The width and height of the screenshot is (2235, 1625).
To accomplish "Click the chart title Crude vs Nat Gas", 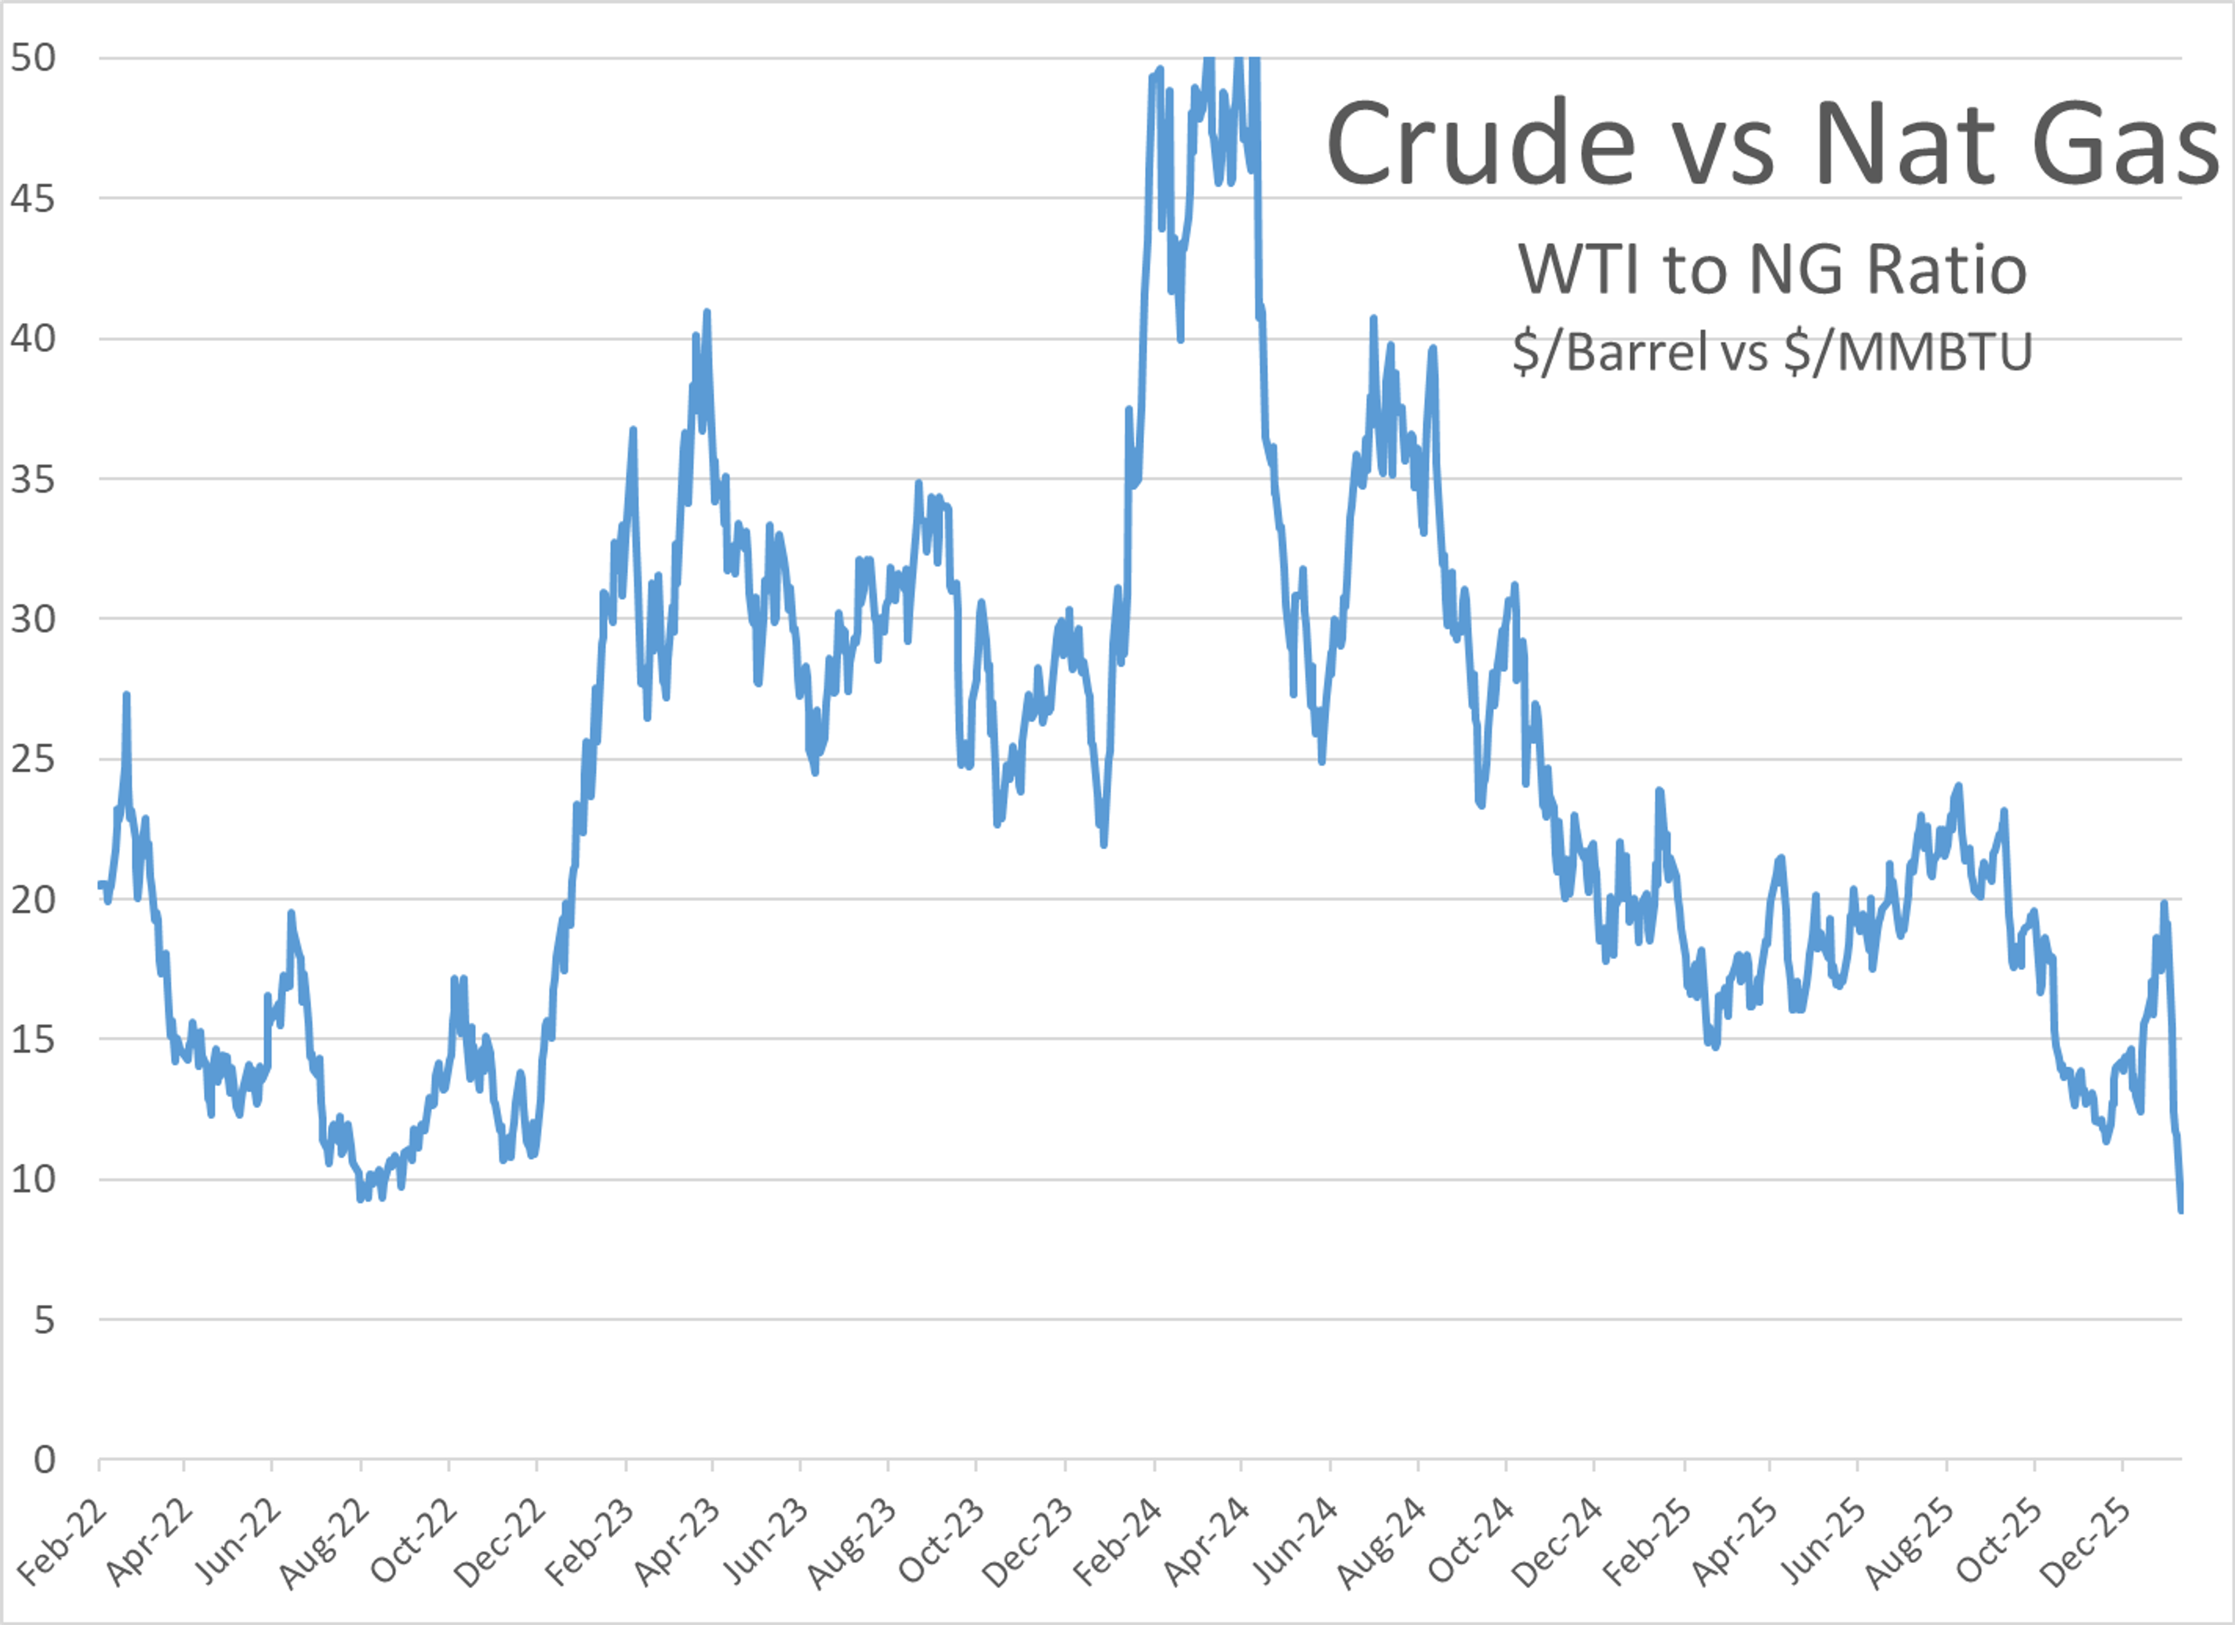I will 1772,143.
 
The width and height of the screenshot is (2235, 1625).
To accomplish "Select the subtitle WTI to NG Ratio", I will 1772,268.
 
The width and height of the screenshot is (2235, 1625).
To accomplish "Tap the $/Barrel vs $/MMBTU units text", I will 1772,352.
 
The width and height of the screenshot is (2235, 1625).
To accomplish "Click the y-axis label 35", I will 34,479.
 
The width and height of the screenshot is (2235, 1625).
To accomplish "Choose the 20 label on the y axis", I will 34,899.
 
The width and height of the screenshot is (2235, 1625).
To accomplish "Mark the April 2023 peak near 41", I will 707,313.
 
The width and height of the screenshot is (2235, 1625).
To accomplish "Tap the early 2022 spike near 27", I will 126,695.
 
